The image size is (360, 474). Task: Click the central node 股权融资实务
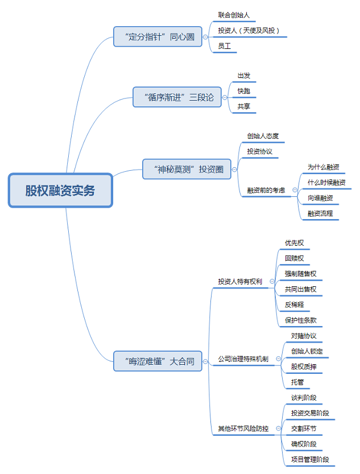click(x=60, y=191)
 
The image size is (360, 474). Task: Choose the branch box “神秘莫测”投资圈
click(x=187, y=169)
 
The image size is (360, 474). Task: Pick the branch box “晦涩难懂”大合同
click(x=158, y=361)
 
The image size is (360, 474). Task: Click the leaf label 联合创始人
click(x=234, y=15)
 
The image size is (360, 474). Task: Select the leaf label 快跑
click(x=243, y=91)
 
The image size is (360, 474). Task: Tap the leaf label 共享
click(x=243, y=106)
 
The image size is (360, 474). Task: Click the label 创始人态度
click(x=262, y=137)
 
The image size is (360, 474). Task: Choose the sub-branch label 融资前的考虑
click(x=266, y=190)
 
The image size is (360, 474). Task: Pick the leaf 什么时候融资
click(x=326, y=183)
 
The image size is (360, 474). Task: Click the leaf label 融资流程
click(x=320, y=213)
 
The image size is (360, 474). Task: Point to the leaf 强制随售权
click(x=300, y=274)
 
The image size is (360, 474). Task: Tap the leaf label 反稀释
click(x=295, y=304)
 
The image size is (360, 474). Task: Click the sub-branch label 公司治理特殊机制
click(x=243, y=359)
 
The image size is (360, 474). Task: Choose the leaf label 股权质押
click(x=304, y=366)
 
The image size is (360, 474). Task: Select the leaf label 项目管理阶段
click(x=309, y=459)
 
